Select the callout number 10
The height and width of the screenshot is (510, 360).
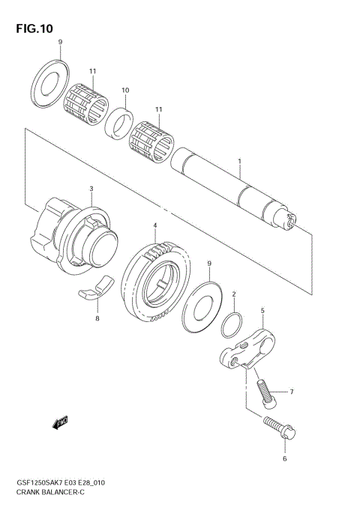pyautogui.click(x=125, y=91)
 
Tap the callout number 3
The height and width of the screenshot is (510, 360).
pyautogui.click(x=91, y=189)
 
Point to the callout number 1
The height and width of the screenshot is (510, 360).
pyautogui.click(x=239, y=161)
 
